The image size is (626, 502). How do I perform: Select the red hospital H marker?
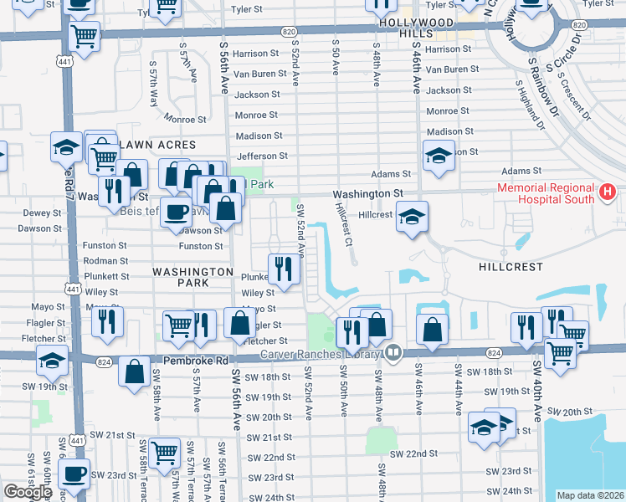(x=608, y=194)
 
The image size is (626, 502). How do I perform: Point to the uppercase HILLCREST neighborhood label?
(x=511, y=267)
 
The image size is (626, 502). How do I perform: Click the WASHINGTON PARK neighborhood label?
(x=192, y=278)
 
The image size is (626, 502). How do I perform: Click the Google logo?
(x=28, y=492)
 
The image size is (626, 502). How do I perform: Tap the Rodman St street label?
(x=105, y=260)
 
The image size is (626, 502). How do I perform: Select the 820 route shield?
(x=289, y=31)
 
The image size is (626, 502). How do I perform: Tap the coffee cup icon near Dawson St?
(x=176, y=214)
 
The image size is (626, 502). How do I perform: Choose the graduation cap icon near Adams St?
(x=439, y=156)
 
